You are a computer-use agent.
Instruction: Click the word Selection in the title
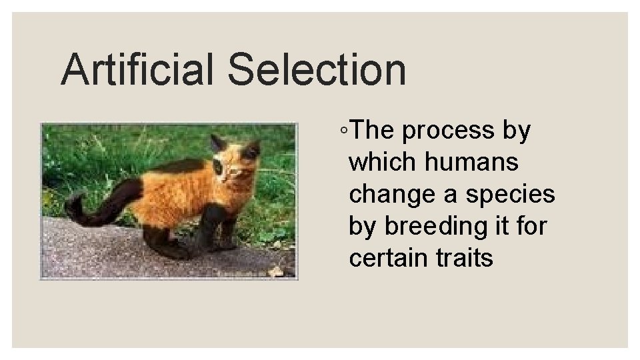[317, 70]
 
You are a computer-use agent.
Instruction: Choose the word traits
[464, 257]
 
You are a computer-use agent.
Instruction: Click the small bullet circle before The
[342, 132]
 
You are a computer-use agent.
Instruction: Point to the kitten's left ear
[217, 143]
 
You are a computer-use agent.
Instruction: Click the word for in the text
[533, 226]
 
